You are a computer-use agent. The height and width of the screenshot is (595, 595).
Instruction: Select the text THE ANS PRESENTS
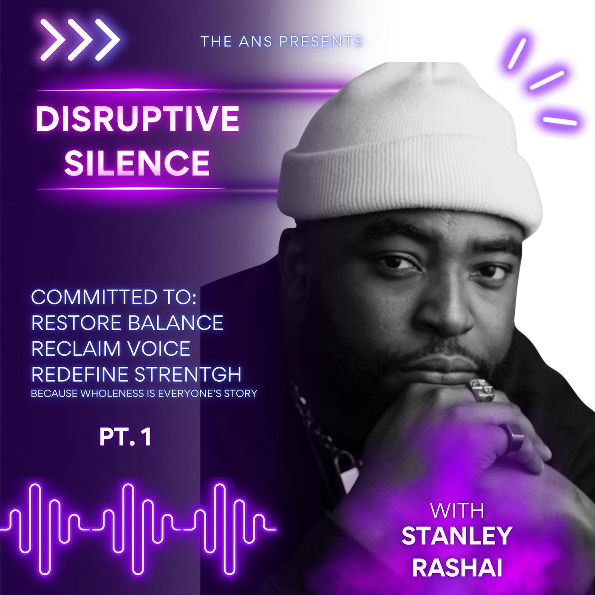click(282, 41)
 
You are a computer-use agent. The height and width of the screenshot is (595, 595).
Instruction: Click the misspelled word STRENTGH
click(188, 374)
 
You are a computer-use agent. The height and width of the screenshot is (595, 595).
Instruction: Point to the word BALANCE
click(176, 323)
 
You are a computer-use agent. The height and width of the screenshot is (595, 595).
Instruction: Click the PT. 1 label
click(125, 437)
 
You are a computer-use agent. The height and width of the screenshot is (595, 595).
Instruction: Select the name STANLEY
click(457, 536)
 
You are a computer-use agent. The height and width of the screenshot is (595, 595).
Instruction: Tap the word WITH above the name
click(457, 511)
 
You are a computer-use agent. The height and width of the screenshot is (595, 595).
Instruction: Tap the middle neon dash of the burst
click(547, 80)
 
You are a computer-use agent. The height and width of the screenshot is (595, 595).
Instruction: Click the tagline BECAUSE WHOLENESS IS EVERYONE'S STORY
click(144, 394)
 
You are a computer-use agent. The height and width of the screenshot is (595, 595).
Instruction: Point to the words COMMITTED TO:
click(114, 297)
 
